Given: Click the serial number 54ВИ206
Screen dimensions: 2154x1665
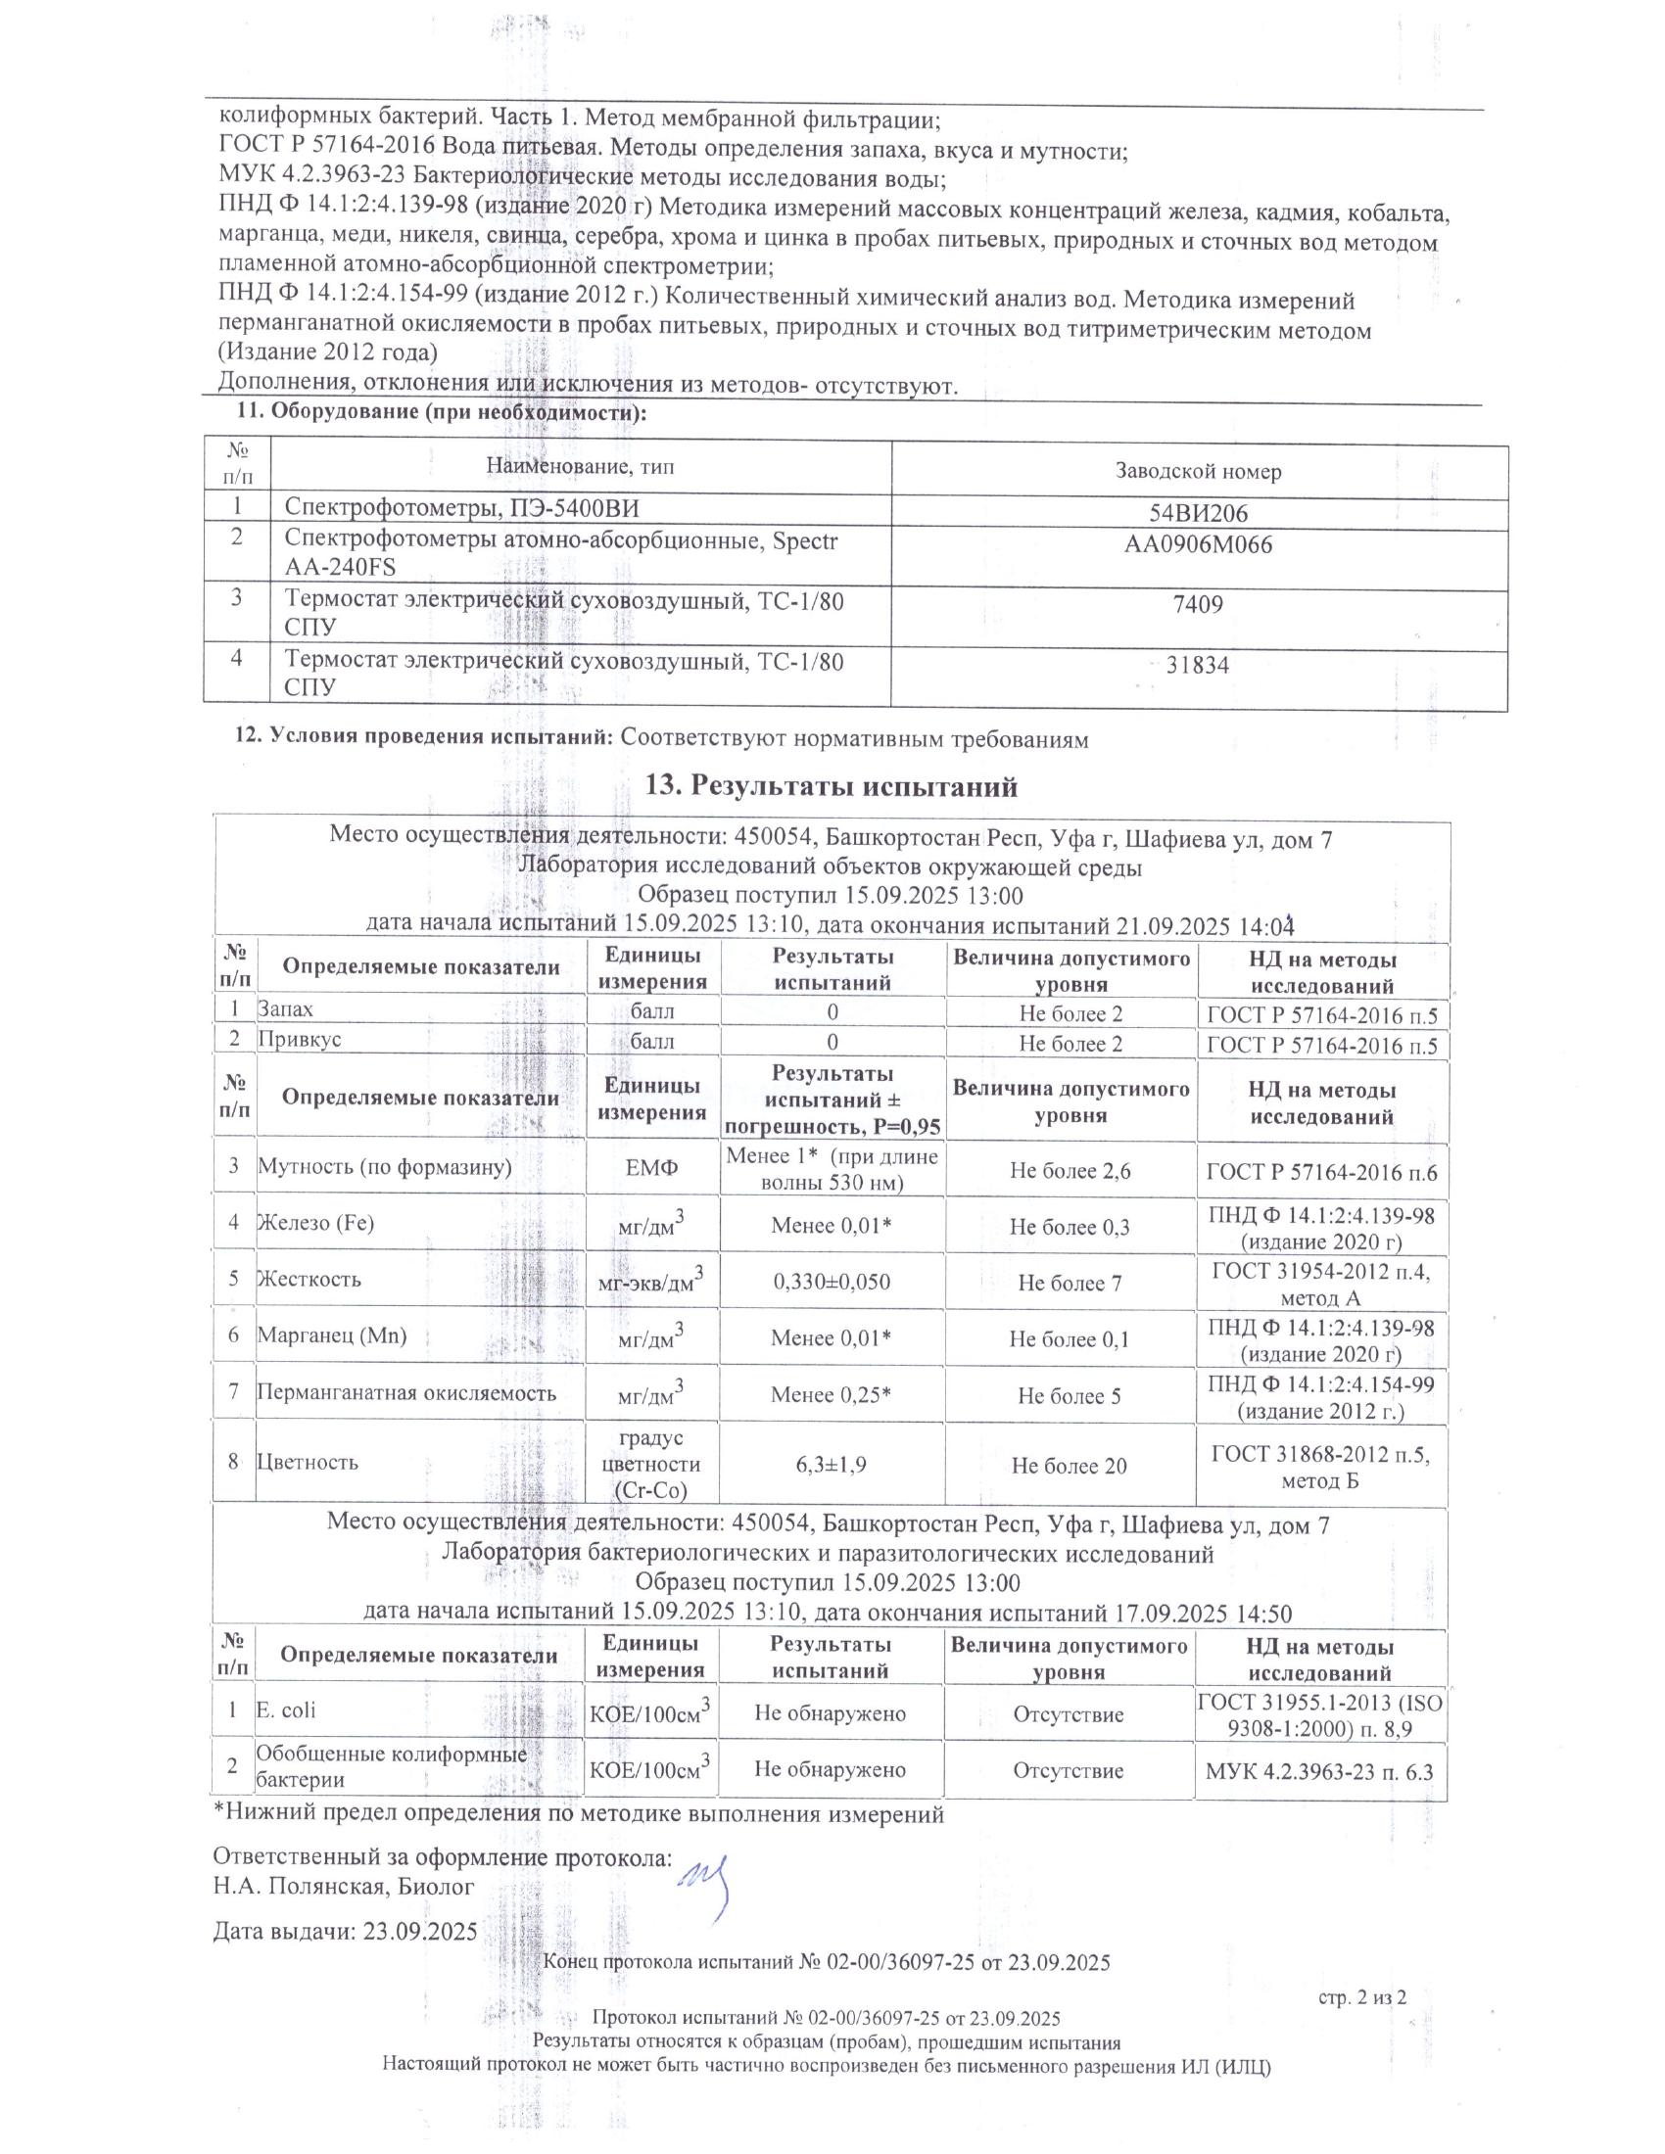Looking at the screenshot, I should (x=1199, y=512).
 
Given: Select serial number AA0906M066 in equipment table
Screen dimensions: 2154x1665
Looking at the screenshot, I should (x=1199, y=544).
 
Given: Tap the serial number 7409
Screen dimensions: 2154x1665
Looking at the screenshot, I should (x=1199, y=604).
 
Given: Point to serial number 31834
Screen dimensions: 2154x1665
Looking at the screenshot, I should (x=1198, y=665).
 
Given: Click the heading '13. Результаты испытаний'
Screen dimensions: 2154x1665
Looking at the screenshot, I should (x=831, y=787).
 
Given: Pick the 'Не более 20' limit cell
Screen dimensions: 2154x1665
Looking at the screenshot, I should (x=1070, y=1466).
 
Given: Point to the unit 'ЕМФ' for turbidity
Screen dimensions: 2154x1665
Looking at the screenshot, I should (x=652, y=1169).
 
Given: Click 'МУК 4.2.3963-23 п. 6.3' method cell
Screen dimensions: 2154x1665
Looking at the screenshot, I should (x=1320, y=1771).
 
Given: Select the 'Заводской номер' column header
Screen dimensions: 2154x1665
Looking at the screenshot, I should (x=1199, y=472).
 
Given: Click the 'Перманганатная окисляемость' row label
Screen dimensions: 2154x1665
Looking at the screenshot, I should (x=406, y=1392).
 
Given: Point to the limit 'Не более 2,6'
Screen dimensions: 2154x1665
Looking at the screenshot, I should (x=1070, y=1171).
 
